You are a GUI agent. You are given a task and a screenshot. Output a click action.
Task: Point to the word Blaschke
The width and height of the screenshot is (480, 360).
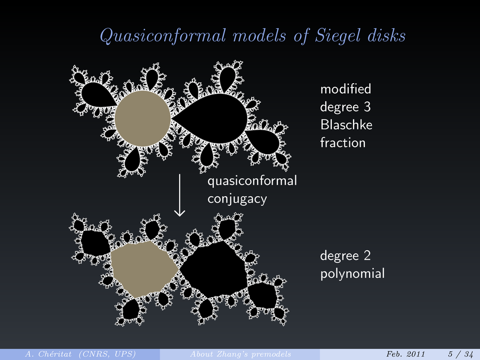pyautogui.click(x=346, y=124)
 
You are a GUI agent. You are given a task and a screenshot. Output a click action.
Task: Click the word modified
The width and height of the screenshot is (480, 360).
pyautogui.click(x=345, y=88)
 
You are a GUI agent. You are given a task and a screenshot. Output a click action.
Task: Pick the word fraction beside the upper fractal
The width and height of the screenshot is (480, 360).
pyautogui.click(x=342, y=142)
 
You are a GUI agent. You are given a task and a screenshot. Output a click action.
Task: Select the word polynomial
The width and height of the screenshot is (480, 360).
pyautogui.click(x=351, y=274)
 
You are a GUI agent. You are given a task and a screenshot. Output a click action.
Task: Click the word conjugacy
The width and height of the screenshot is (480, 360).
pyautogui.click(x=236, y=199)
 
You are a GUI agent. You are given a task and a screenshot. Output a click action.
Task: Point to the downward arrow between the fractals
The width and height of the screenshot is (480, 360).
pyautogui.click(x=180, y=195)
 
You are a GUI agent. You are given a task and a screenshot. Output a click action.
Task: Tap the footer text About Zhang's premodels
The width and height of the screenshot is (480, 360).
pyautogui.click(x=240, y=354)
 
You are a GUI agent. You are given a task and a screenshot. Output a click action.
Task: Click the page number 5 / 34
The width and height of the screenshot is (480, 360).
pyautogui.click(x=460, y=354)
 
